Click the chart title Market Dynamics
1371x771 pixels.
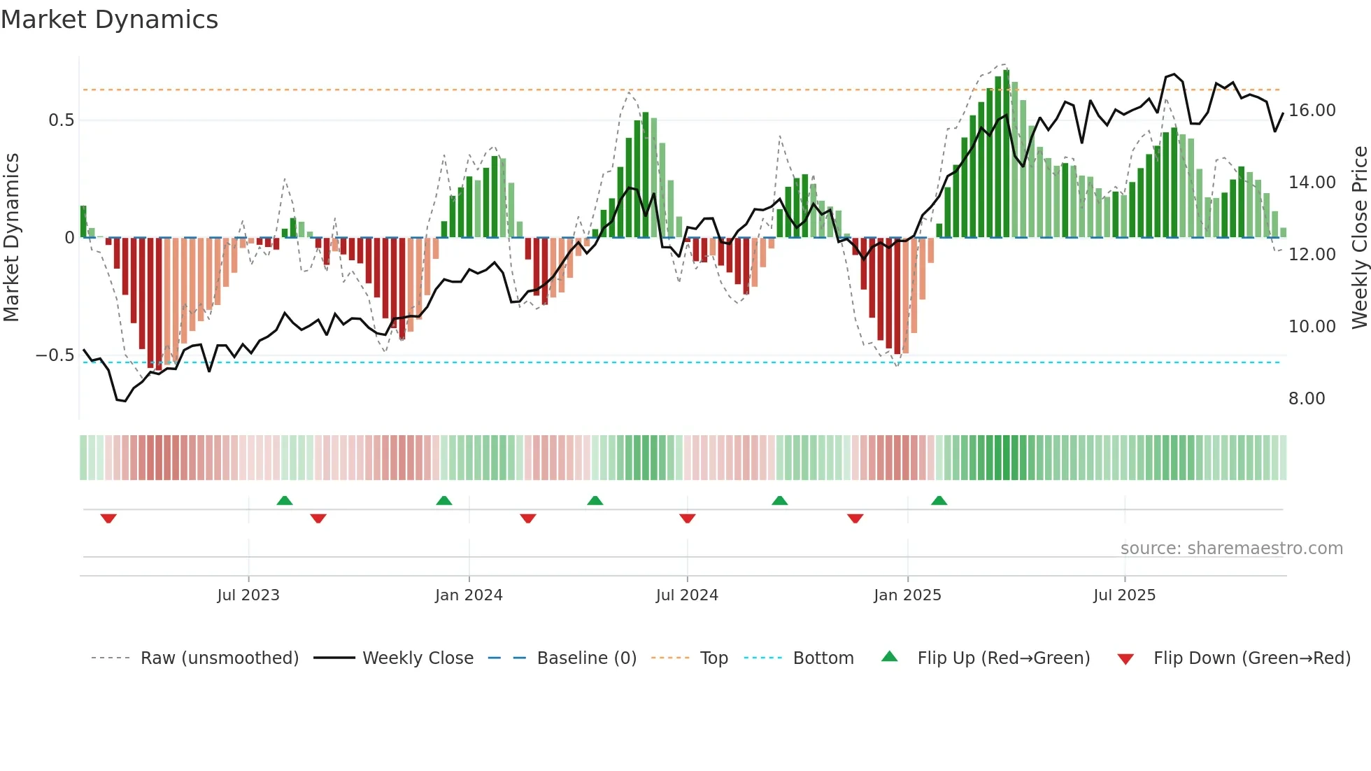point(110,20)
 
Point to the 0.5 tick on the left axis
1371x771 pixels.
point(62,120)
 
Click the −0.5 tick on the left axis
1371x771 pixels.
point(55,355)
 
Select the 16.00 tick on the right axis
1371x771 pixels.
point(1312,111)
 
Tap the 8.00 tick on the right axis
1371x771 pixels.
point(1307,399)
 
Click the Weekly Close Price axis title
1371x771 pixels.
point(1359,238)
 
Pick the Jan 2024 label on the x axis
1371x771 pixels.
point(469,595)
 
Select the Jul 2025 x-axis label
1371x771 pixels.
point(1124,595)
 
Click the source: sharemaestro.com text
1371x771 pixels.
point(1231,549)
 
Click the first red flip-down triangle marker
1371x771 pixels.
point(108,518)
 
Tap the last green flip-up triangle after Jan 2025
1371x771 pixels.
point(939,500)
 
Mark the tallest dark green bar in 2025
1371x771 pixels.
point(1006,154)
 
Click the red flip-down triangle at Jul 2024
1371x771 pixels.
point(688,518)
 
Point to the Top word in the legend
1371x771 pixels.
point(713,658)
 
